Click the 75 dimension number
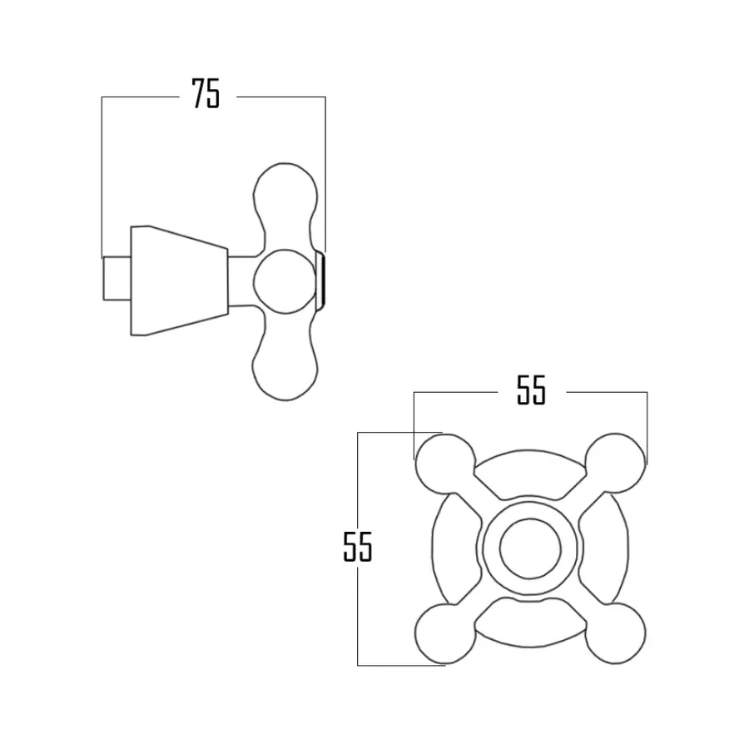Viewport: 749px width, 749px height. [x=206, y=94]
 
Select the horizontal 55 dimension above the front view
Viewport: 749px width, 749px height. [x=530, y=389]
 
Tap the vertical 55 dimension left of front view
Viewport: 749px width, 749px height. [x=358, y=548]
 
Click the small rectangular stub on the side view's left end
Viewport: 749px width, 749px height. [x=115, y=280]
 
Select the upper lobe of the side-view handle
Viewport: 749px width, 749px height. [x=285, y=193]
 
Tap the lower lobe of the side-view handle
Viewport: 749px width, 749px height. [x=285, y=366]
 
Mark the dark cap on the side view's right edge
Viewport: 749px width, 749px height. [x=321, y=280]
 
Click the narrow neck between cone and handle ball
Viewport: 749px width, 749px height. [x=241, y=280]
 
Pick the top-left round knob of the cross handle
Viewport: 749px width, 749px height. [x=444, y=460]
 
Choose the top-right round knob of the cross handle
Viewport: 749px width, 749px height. [x=617, y=460]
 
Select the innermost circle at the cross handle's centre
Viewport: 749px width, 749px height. [x=530, y=548]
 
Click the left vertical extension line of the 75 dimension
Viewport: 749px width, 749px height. [x=102, y=175]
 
